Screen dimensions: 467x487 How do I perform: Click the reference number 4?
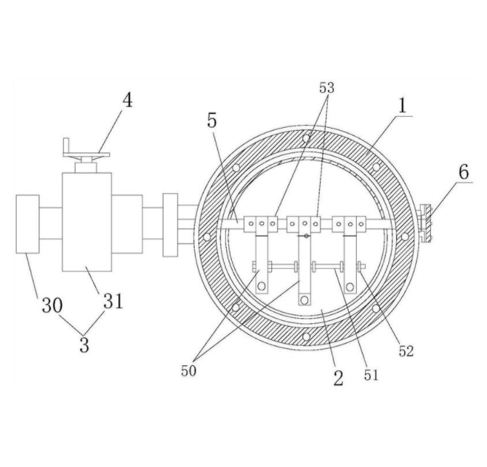127,100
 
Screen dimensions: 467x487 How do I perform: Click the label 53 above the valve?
327,89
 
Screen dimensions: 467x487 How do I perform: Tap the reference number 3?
84,344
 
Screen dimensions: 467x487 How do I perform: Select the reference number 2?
337,378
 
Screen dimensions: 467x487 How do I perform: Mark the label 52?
406,351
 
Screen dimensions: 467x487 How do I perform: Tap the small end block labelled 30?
28,224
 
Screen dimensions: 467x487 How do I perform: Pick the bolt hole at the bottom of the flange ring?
306,336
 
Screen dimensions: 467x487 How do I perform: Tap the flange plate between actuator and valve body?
170,224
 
